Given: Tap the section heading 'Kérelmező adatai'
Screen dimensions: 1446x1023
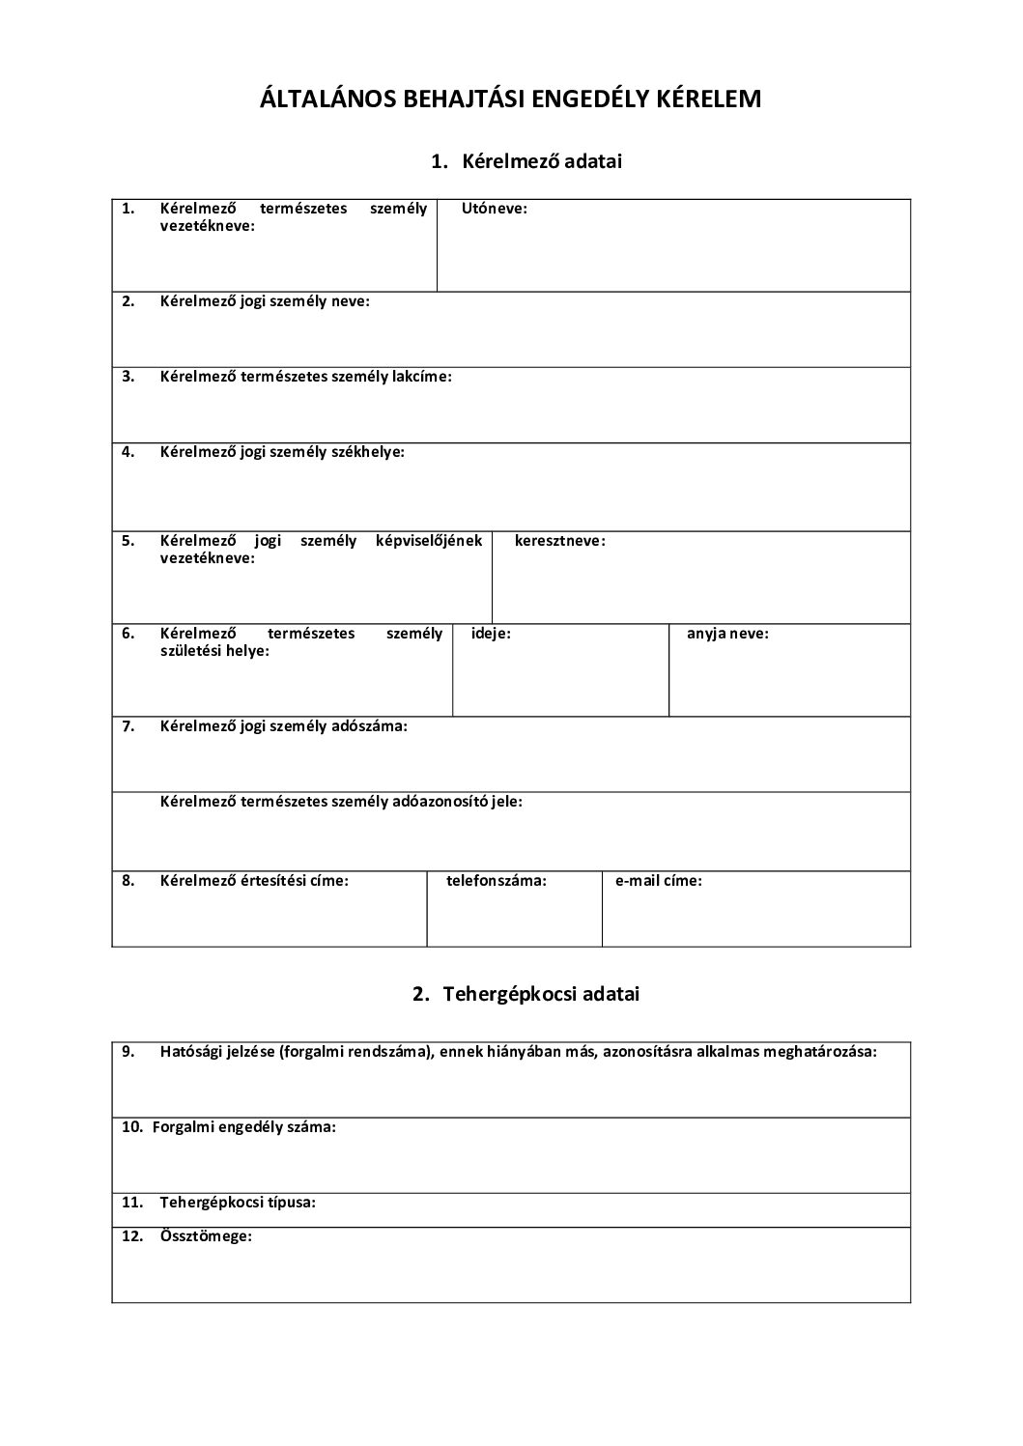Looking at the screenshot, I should point(542,161).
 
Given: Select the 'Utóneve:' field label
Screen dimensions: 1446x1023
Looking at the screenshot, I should point(495,209).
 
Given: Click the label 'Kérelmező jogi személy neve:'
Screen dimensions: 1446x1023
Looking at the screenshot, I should point(265,301).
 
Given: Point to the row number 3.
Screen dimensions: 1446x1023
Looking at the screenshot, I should point(128,377).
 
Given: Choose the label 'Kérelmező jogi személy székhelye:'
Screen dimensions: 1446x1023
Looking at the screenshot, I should point(282,452).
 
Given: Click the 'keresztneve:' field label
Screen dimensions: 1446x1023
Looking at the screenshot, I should point(560,541).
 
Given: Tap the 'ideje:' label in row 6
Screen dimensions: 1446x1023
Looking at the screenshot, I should point(491,635).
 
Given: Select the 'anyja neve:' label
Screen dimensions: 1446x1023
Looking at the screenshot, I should point(727,635).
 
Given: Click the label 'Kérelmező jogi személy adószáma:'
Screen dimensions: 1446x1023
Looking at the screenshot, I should point(284,726).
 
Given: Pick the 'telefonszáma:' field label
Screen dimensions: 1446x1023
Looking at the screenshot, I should point(497,881).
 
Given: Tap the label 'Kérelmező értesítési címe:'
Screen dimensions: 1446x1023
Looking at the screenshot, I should point(254,881).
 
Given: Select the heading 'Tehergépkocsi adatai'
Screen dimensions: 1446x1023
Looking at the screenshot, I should point(541,994).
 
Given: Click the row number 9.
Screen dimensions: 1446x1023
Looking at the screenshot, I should point(128,1052).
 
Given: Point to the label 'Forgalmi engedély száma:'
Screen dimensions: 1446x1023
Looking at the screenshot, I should point(244,1127).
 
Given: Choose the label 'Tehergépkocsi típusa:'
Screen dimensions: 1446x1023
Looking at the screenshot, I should point(238,1204).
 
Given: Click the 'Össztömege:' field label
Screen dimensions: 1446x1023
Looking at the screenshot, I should point(206,1236).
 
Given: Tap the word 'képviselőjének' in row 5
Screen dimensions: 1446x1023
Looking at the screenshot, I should point(429,541).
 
